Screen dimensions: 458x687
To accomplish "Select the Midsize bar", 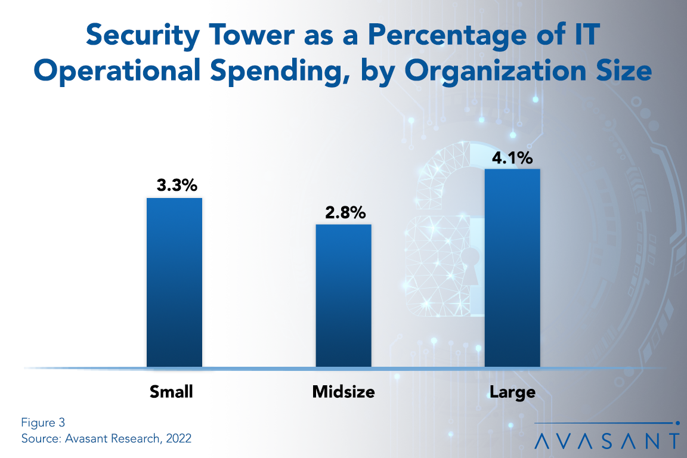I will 343,295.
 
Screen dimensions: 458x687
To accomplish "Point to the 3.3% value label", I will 177,185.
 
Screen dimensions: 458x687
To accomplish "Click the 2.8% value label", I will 345,212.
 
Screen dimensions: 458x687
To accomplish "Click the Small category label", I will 172,392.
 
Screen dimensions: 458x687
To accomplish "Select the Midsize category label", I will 343,392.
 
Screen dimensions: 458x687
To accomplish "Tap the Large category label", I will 512,392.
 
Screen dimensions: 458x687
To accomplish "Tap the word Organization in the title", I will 506,72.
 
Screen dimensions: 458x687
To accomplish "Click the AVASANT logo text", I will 606,441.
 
